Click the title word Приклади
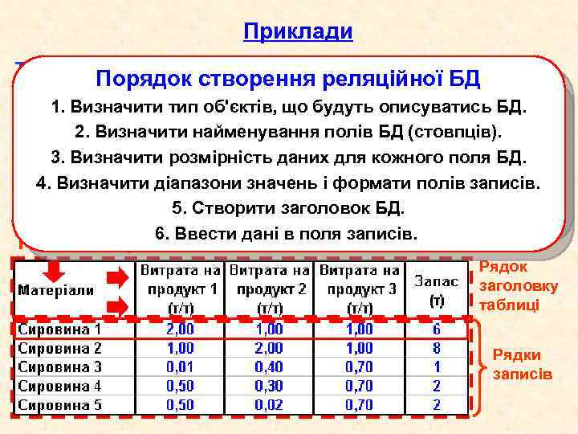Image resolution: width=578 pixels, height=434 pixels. [298, 31]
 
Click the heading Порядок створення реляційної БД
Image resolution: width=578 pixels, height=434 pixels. [287, 79]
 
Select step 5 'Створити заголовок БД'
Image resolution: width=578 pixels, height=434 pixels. [288, 207]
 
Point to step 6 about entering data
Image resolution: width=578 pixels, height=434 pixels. [288, 234]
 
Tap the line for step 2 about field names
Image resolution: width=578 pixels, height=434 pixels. [288, 131]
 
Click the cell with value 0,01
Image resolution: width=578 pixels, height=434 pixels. [179, 366]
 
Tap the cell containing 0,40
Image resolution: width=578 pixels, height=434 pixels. [269, 366]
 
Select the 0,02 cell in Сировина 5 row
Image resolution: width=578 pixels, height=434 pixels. [269, 403]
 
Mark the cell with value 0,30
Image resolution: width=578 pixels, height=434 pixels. [269, 385]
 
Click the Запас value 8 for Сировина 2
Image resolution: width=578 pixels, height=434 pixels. [437, 348]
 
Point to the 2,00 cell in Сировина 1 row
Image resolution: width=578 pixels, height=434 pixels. [179, 330]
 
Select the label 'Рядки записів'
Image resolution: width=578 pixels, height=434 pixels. [522, 364]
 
